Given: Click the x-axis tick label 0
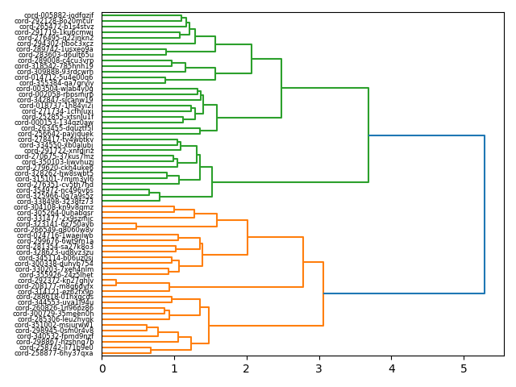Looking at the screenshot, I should [x=102, y=368].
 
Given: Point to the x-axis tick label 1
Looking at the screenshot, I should [x=174, y=368].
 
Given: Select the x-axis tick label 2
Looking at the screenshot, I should [x=247, y=368].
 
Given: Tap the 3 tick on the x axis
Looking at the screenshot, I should [x=319, y=368].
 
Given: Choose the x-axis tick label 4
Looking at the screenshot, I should [x=392, y=368].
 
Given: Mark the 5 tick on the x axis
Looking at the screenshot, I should [x=464, y=368].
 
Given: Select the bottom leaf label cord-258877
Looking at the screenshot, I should [x=54, y=353].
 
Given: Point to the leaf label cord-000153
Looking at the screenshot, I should [x=54, y=123].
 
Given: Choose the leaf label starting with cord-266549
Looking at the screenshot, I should [x=53, y=230].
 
